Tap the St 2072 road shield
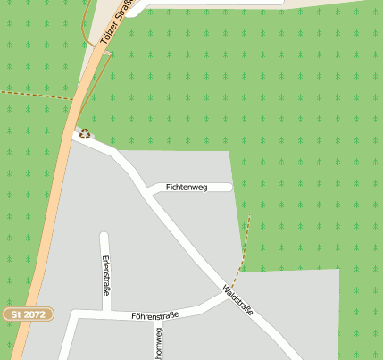pyautogui.click(x=28, y=314)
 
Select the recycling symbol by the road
pyautogui.click(x=85, y=134)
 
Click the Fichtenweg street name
pyautogui.click(x=187, y=188)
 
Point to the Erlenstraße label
pyautogui.click(x=106, y=277)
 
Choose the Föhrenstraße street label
pyautogui.click(x=155, y=315)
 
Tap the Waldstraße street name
pyautogui.click(x=238, y=300)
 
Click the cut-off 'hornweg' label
pyautogui.click(x=160, y=344)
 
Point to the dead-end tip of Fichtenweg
pyautogui.click(x=229, y=188)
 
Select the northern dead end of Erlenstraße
pyautogui.click(x=104, y=236)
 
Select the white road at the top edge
pyautogui.click(x=205, y=4)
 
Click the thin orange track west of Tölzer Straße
pyautogui.click(x=82, y=27)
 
